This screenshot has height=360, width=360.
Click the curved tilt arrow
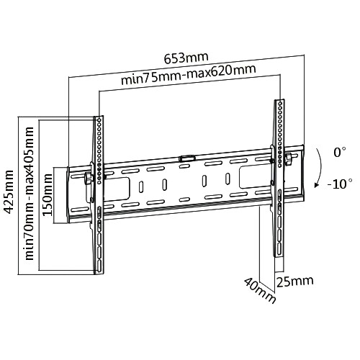click(x=318, y=169)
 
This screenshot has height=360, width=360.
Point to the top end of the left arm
click(x=97, y=115)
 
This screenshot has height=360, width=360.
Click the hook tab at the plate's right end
click(x=287, y=156)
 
